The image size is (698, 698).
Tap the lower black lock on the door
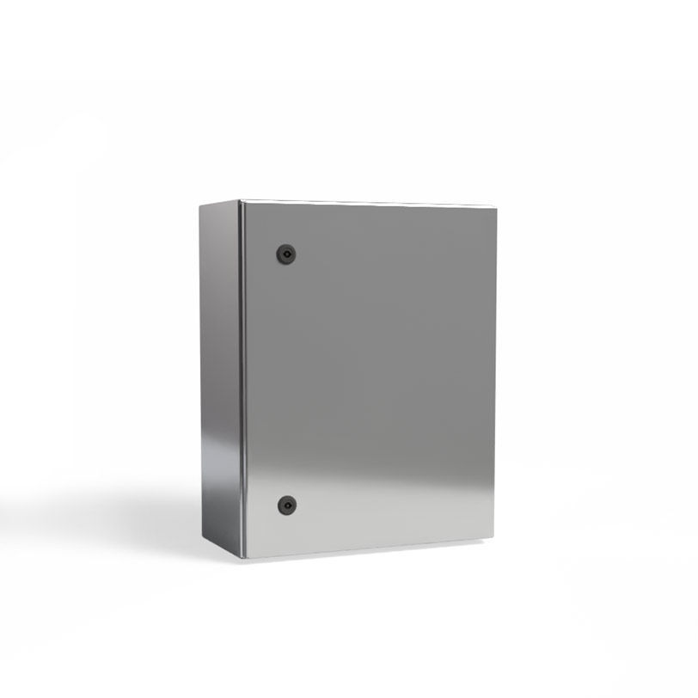coord(285,505)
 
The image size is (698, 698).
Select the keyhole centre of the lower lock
coord(285,505)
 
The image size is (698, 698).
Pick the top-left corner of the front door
coord(242,202)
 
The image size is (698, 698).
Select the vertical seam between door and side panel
coord(241,378)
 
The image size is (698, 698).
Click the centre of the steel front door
coord(370,378)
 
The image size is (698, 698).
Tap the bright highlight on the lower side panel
coord(219,464)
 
